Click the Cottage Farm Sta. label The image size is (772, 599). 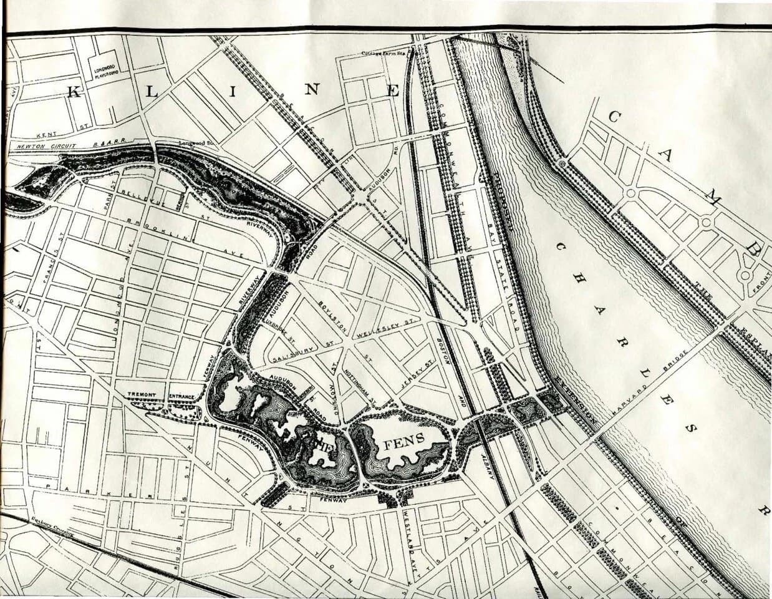384,53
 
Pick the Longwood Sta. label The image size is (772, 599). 197,143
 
